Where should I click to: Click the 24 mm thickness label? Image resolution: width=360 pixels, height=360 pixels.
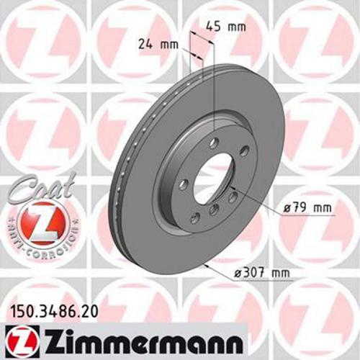(158, 44)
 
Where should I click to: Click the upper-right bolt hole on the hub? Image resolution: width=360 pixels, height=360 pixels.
(243, 150)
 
